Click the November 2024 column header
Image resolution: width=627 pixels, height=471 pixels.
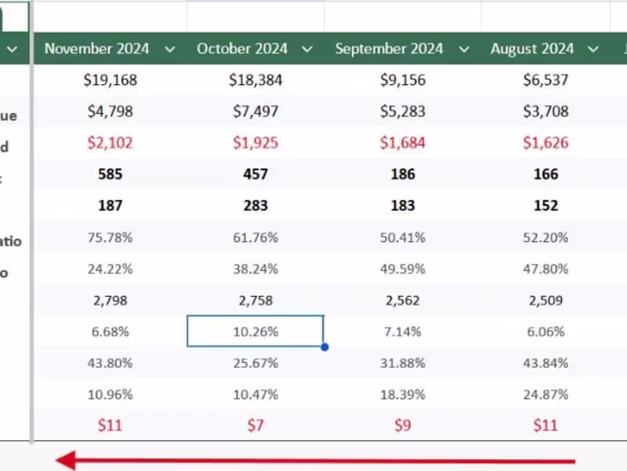coord(97,49)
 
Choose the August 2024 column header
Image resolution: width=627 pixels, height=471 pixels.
coord(532,49)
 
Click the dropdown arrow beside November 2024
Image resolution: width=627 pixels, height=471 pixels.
coord(170,49)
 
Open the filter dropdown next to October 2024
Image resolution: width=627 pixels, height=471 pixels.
coord(307,49)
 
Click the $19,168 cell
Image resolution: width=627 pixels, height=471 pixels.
coord(111,80)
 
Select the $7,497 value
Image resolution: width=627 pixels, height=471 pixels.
coord(256,111)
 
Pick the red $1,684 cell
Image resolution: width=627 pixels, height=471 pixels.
coord(403,143)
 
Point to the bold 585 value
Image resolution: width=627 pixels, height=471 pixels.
coord(111,174)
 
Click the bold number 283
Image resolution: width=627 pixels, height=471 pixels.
coord(256,206)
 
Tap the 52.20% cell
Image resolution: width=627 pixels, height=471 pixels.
coord(545,237)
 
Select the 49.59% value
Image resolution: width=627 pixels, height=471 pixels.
coord(403,268)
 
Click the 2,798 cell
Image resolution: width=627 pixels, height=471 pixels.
coord(111,300)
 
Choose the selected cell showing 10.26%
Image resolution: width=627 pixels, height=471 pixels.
coord(256,331)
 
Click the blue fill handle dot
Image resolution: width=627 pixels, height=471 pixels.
coord(324,346)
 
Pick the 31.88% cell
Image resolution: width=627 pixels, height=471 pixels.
coord(403,363)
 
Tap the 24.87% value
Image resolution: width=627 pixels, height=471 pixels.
coord(545,394)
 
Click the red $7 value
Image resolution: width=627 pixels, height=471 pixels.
coord(256,425)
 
